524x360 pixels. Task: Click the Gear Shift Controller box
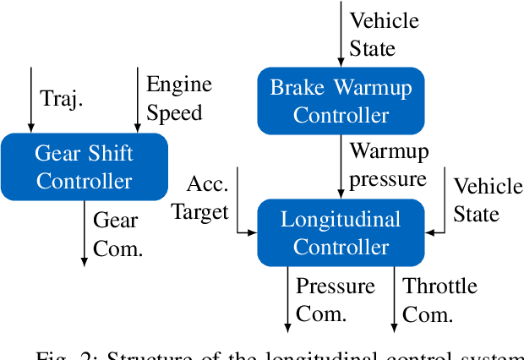pyautogui.click(x=85, y=166)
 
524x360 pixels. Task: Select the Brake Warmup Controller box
pyautogui.click(x=341, y=101)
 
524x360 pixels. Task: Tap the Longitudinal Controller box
pyautogui.click(x=341, y=233)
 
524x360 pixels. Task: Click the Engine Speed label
pyautogui.click(x=179, y=99)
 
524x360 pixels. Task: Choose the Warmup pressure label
pyautogui.click(x=389, y=166)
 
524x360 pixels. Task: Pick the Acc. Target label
pyautogui.click(x=201, y=199)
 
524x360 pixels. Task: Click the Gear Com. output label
pyautogui.click(x=117, y=234)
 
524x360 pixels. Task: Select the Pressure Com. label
pyautogui.click(x=335, y=300)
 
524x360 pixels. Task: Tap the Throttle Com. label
pyautogui.click(x=439, y=300)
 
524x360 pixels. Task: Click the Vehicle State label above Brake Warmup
pyautogui.click(x=385, y=34)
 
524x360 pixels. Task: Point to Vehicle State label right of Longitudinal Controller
pyautogui.click(x=487, y=199)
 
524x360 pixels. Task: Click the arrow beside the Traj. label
pyautogui.click(x=31, y=100)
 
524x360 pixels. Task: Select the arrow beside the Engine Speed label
pyautogui.click(x=138, y=100)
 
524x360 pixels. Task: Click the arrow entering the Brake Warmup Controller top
pyautogui.click(x=341, y=34)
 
